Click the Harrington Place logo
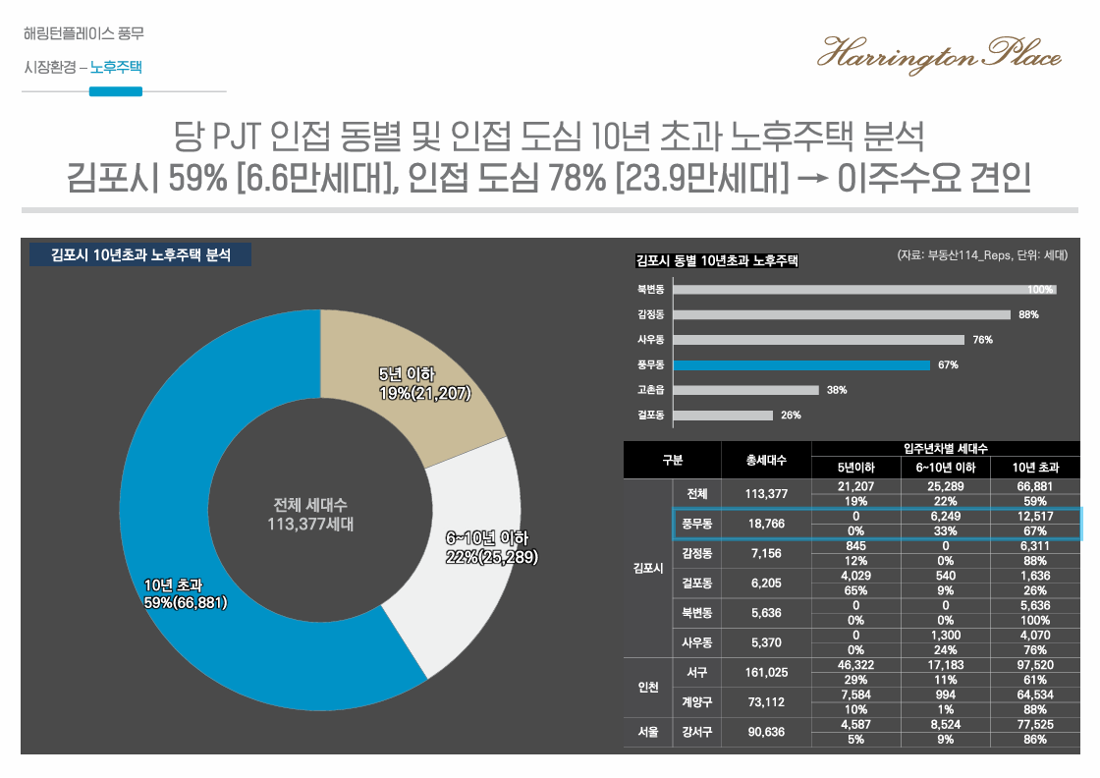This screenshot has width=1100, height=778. pyautogui.click(x=939, y=54)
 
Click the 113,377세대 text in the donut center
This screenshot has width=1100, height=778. pyautogui.click(x=310, y=524)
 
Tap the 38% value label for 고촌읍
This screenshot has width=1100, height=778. pyautogui.click(x=836, y=390)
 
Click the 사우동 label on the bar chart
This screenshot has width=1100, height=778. pyautogui.click(x=650, y=340)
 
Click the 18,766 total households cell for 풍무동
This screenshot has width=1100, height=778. pyautogui.click(x=766, y=525)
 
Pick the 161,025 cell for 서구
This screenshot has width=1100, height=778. pyautogui.click(x=766, y=673)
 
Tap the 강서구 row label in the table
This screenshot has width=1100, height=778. pyautogui.click(x=697, y=732)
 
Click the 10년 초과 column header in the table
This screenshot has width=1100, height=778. pyautogui.click(x=1035, y=468)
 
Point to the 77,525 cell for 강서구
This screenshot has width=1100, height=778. pyautogui.click(x=1035, y=724)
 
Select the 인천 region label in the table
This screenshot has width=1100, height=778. pyautogui.click(x=647, y=687)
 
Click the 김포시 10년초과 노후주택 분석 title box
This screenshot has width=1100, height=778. pyautogui.click(x=139, y=254)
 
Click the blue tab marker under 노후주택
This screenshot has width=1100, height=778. pyautogui.click(x=115, y=91)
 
